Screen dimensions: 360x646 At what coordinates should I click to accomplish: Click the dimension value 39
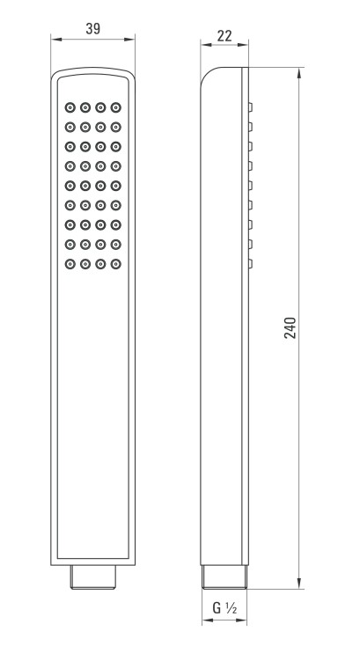click(x=92, y=29)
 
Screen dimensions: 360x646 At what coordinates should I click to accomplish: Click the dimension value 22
click(x=224, y=36)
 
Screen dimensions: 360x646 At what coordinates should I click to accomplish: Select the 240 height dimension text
click(x=290, y=328)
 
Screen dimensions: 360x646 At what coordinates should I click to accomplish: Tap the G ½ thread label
click(x=224, y=607)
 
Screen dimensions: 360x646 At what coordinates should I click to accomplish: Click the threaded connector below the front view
click(x=92, y=577)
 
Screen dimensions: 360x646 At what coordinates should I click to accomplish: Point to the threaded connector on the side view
click(x=224, y=576)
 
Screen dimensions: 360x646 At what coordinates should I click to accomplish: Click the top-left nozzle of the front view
click(x=70, y=107)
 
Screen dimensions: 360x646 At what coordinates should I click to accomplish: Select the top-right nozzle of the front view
click(x=115, y=107)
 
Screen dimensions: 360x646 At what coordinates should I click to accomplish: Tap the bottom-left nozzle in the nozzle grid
click(x=70, y=264)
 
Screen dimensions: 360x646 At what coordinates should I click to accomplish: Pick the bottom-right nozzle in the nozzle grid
click(x=115, y=264)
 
